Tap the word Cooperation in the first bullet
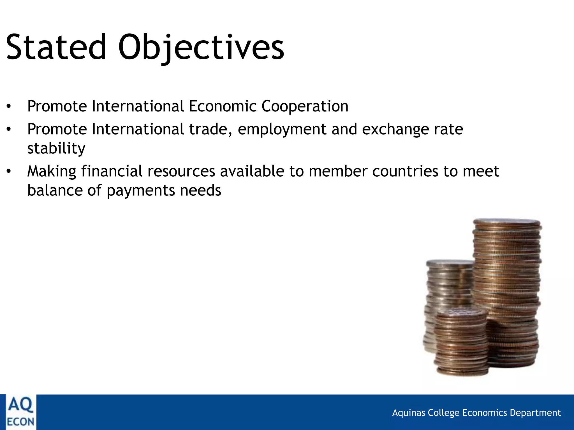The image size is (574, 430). coord(305,106)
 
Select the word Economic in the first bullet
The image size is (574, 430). coord(223,106)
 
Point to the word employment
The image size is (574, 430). coord(282,130)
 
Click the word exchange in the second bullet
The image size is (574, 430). coord(395,129)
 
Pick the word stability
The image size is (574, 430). coord(56,148)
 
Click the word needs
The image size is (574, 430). coord(200,191)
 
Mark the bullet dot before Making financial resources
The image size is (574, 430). coord(9,171)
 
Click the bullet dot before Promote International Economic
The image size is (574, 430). coord(9,106)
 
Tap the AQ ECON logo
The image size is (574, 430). coord(20,412)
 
